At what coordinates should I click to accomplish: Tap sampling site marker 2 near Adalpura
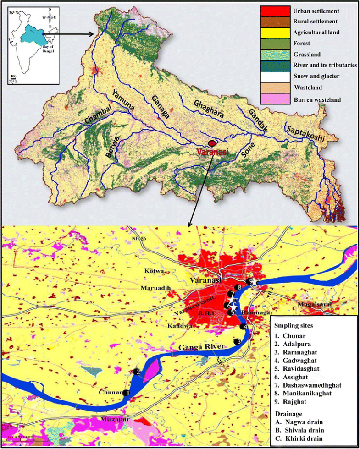[137, 372]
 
